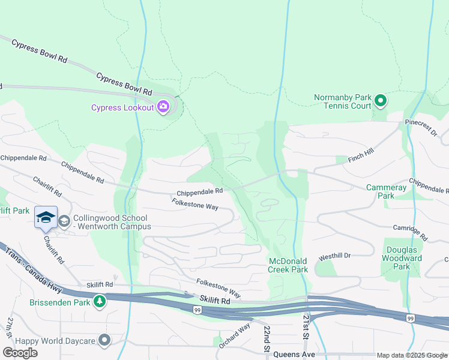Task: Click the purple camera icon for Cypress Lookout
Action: pyautogui.click(x=163, y=107)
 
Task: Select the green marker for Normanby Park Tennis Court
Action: pyautogui.click(x=381, y=100)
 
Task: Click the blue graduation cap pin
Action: pyautogui.click(x=46, y=218)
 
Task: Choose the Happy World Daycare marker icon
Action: pyautogui.click(x=105, y=341)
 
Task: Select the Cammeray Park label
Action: pyautogui.click(x=387, y=191)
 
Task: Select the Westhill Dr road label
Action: pyautogui.click(x=334, y=256)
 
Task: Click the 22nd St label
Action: pyautogui.click(x=265, y=340)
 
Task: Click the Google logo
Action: pyautogui.click(x=20, y=353)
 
